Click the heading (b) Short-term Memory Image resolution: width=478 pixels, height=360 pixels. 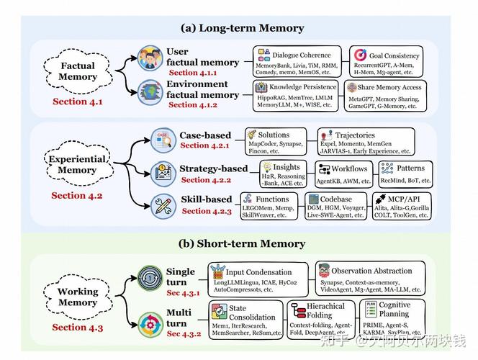[x=242, y=243]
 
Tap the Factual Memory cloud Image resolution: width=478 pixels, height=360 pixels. [x=77, y=71]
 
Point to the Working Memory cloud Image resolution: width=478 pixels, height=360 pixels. [x=78, y=297]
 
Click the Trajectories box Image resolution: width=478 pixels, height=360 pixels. [x=366, y=142]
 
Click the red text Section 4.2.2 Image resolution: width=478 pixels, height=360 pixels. [x=206, y=180]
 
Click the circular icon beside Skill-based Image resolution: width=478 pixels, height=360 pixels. [x=163, y=204]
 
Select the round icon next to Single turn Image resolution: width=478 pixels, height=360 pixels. [x=150, y=278]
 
